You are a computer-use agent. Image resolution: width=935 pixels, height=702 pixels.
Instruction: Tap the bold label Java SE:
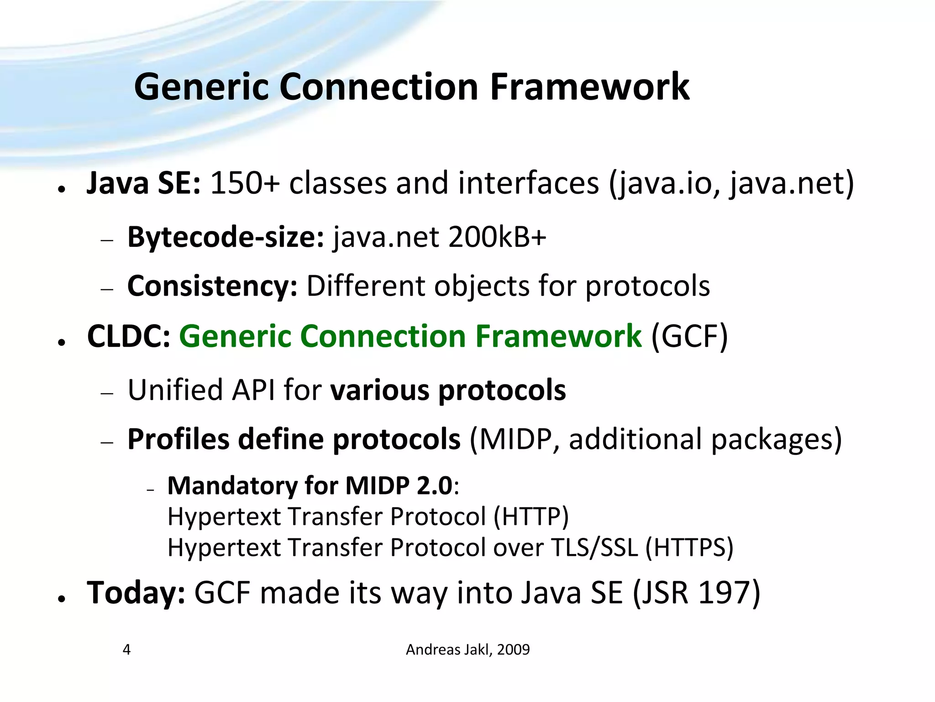coord(143,184)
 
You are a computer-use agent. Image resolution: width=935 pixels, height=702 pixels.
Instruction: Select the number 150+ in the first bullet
coord(244,184)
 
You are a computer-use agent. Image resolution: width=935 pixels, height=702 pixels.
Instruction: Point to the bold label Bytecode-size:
coord(226,238)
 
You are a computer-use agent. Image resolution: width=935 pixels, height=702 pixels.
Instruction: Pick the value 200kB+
coord(497,238)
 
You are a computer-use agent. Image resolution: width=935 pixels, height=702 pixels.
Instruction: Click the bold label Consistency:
coord(212,287)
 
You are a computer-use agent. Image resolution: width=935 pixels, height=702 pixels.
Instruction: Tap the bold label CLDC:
coord(129,337)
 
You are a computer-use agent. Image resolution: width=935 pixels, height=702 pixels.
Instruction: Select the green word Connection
coord(383,337)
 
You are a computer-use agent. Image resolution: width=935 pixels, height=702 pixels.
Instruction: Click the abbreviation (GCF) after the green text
coord(689,337)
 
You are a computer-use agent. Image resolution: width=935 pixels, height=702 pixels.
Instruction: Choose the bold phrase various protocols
coord(448,390)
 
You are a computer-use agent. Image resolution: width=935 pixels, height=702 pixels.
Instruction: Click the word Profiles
coord(178,440)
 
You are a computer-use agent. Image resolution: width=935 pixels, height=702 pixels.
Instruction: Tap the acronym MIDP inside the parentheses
coord(515,440)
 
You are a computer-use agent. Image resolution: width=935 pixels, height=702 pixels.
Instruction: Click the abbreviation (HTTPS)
coord(689,548)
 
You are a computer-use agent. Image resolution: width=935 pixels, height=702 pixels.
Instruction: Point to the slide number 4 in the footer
coord(127,649)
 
